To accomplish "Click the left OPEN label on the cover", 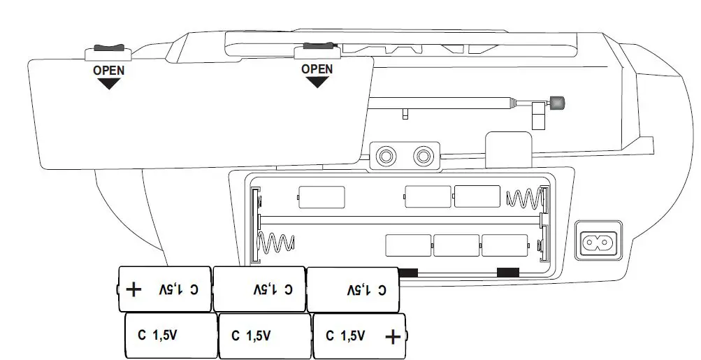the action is coord(108,71).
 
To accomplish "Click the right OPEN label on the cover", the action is coord(317,69).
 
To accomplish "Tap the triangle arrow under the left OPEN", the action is coord(108,84).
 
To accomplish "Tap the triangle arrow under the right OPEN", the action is coord(317,82).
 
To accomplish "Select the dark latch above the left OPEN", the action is coord(108,47).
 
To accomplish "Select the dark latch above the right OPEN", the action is coord(319,45).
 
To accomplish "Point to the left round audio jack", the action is coord(386,157).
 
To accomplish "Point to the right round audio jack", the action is coord(423,157).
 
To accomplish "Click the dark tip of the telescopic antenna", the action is coord(556,103).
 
